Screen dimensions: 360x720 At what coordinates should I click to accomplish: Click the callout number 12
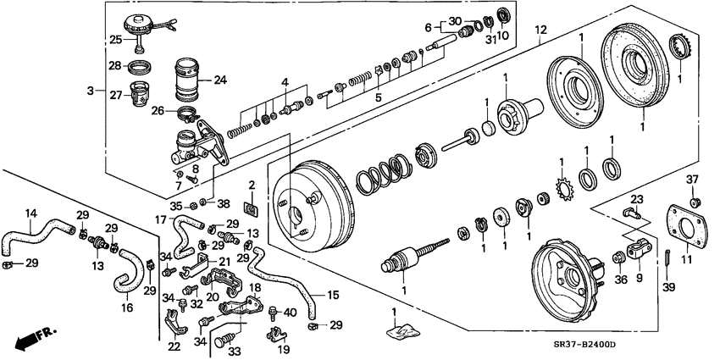[540, 31]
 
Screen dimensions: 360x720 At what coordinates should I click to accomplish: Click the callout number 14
[30, 214]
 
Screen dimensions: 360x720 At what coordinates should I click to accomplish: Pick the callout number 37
[693, 178]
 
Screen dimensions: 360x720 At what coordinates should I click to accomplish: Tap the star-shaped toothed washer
[560, 182]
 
